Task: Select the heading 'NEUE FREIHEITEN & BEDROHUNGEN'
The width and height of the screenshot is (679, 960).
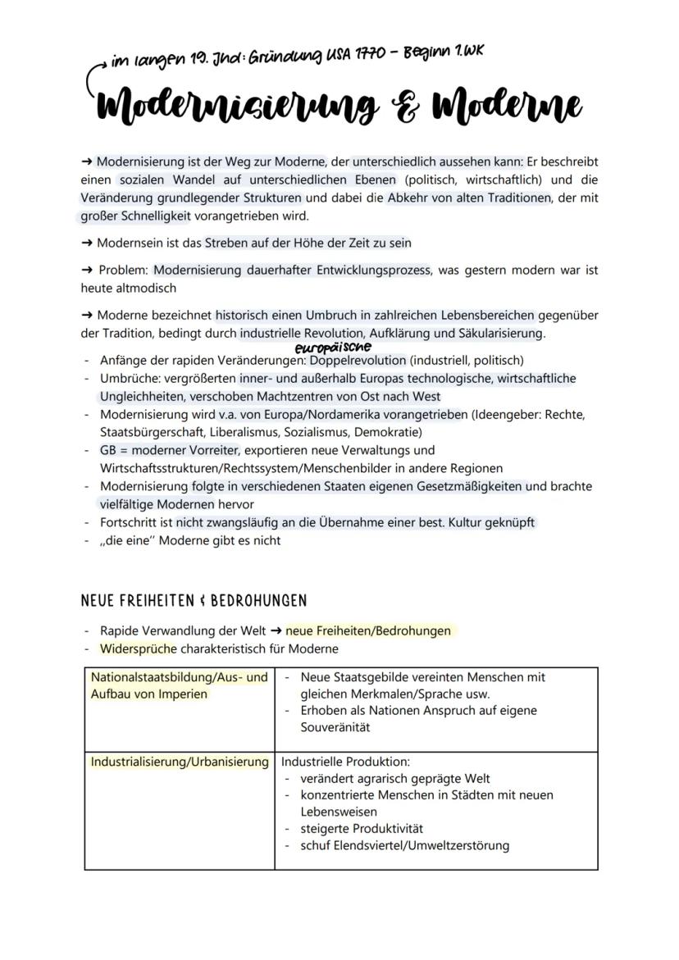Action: (x=194, y=600)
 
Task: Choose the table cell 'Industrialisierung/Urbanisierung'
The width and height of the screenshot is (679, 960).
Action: (x=180, y=762)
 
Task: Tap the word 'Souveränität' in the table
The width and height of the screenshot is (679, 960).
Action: (x=335, y=727)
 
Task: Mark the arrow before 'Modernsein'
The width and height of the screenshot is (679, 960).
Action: (x=87, y=243)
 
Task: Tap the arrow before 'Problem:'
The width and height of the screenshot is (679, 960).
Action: (x=87, y=271)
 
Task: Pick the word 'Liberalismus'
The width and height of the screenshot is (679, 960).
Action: (x=284, y=432)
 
